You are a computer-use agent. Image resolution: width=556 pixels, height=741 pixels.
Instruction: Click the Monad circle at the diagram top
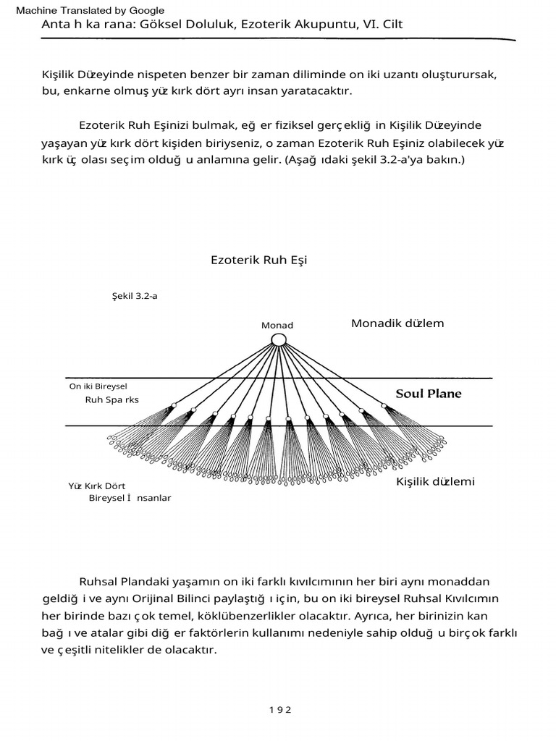(x=279, y=339)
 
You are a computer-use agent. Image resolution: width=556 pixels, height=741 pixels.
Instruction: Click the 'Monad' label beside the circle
(x=277, y=326)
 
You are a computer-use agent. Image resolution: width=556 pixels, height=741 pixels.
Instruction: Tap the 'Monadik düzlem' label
(x=397, y=323)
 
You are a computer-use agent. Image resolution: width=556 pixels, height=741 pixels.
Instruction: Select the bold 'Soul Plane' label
(x=428, y=394)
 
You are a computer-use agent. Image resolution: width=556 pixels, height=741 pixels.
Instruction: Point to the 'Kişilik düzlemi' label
(x=435, y=482)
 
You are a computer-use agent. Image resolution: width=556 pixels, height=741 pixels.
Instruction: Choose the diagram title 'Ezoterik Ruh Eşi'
(x=258, y=260)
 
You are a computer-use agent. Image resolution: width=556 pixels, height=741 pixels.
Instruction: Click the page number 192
(x=278, y=710)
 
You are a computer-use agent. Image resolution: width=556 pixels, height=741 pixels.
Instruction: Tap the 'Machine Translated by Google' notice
(x=90, y=10)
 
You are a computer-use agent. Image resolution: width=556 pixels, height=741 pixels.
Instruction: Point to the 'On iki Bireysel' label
(x=98, y=386)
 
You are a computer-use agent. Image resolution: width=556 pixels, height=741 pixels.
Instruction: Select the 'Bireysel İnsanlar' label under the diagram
(x=130, y=499)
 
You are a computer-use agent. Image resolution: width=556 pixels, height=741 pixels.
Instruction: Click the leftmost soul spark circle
(x=174, y=405)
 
